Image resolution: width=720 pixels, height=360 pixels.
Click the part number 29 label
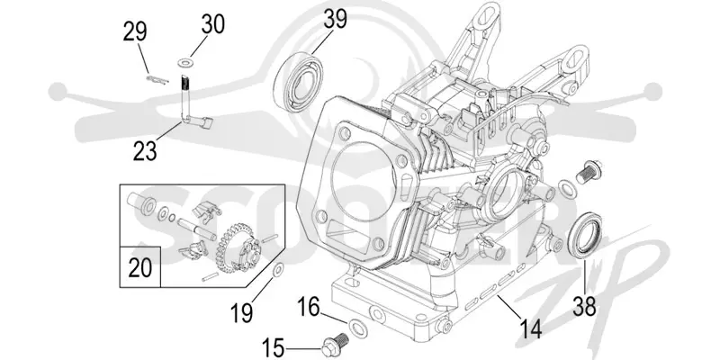tap(135, 32)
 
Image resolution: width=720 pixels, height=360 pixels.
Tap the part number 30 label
tap(213, 24)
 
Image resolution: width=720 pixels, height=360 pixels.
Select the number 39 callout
tap(335, 19)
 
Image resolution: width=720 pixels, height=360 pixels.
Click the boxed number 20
tap(140, 267)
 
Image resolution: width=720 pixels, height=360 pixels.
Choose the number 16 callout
tap(308, 307)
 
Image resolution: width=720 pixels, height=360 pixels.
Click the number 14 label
tap(529, 328)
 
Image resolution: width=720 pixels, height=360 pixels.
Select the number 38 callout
tap(584, 306)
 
